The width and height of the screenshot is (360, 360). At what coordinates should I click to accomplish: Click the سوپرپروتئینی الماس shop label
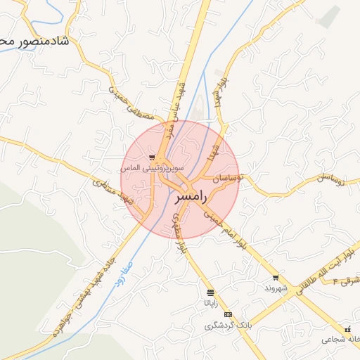pos(152,169)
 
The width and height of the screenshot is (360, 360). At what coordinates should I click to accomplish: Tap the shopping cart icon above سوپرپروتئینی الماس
pos(152,157)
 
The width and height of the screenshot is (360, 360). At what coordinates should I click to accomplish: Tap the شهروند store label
pos(276,288)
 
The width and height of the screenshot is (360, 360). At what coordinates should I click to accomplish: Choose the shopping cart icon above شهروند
pos(276,278)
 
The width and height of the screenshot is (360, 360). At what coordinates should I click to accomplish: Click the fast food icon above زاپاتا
pos(210,292)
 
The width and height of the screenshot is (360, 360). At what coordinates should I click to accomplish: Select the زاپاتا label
pos(210,303)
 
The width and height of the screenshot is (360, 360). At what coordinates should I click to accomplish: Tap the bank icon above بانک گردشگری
pos(228,314)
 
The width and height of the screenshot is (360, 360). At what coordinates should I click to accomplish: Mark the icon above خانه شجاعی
pos(347,328)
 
